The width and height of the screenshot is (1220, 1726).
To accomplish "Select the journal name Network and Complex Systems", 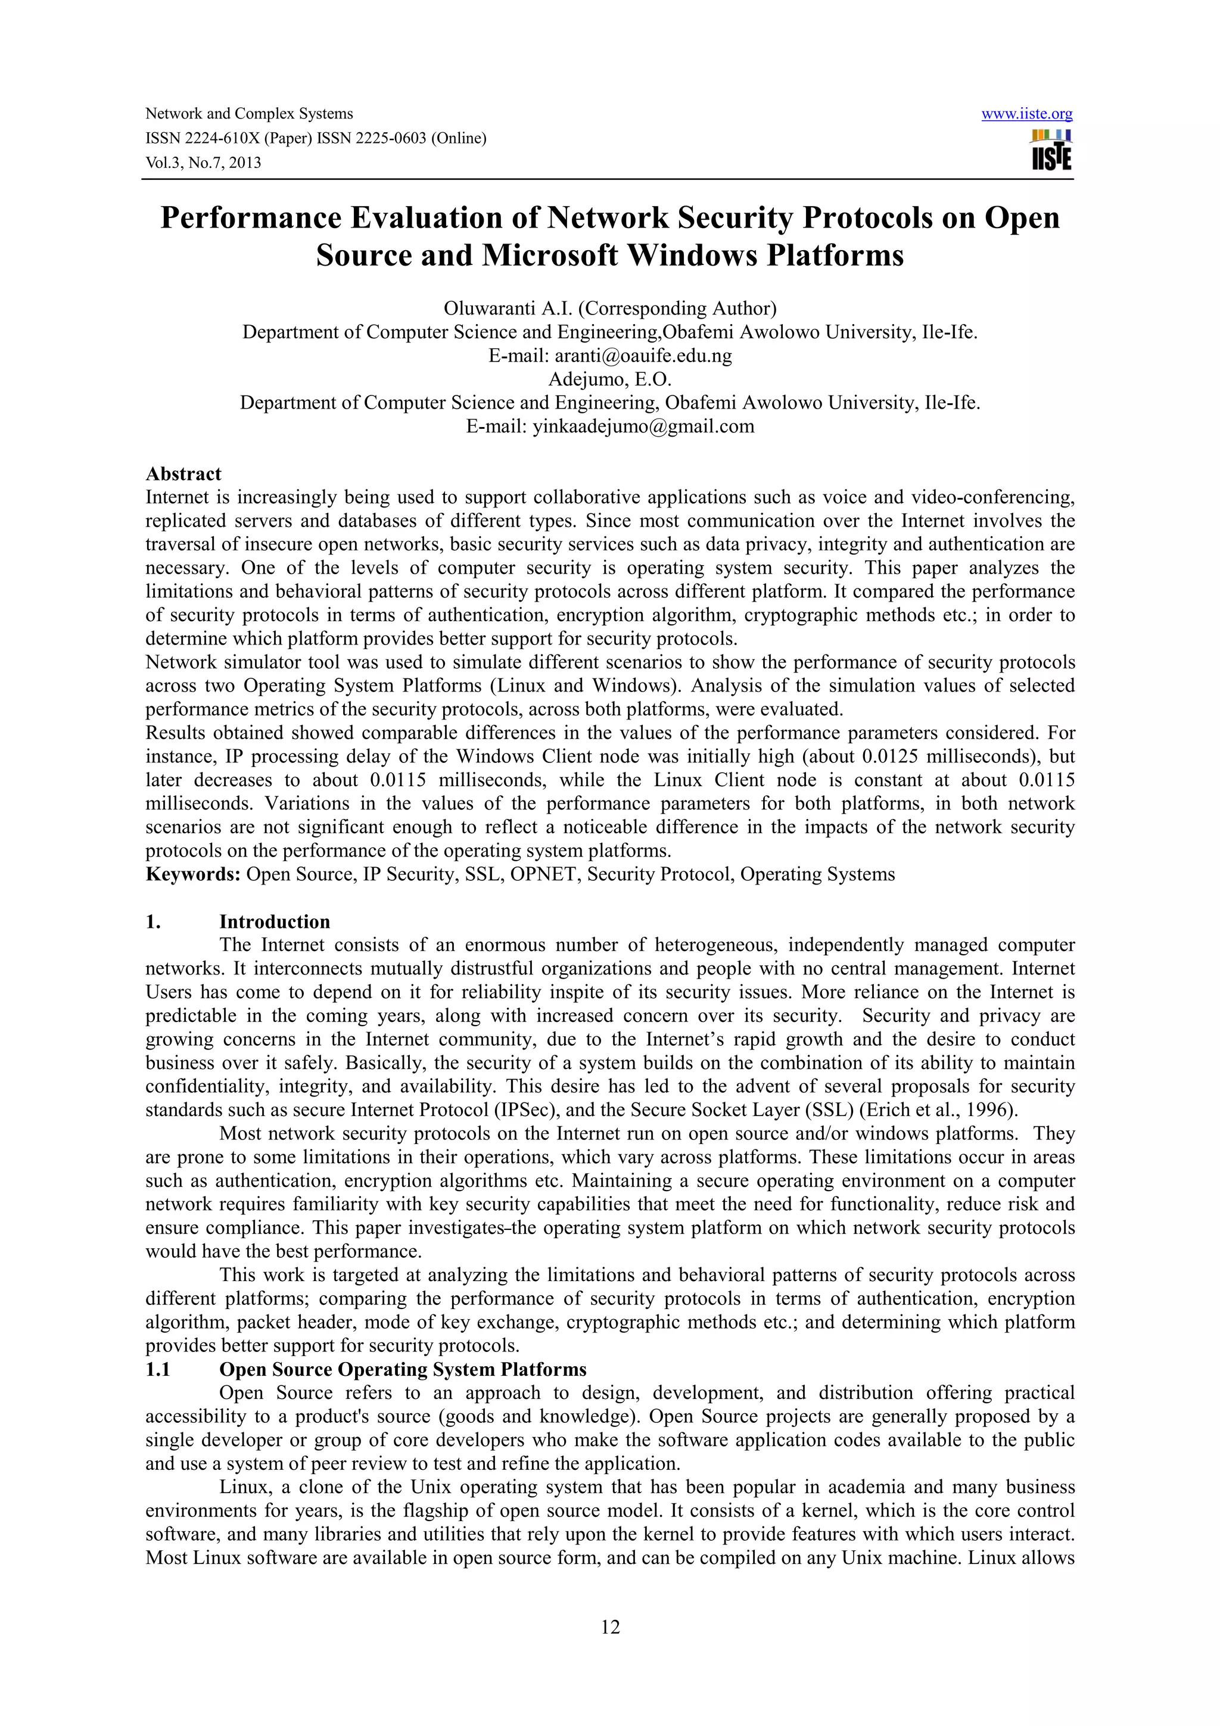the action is click(x=249, y=114).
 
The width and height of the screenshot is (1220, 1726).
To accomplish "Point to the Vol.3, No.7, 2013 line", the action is click(x=203, y=163).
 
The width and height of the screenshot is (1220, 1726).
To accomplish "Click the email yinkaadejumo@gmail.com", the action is click(x=643, y=427).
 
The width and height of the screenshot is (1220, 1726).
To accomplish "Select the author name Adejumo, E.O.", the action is click(x=609, y=379).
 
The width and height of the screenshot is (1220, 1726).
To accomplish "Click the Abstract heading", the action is click(x=183, y=474).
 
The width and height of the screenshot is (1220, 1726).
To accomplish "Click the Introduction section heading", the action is click(x=275, y=921).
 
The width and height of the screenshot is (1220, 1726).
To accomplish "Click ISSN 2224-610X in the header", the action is click(x=201, y=138).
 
